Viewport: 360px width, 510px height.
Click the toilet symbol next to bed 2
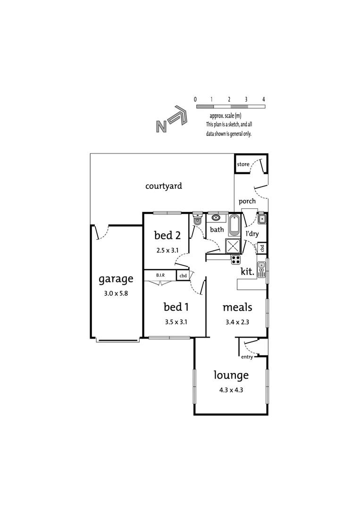point(197,220)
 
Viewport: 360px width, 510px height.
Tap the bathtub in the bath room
point(234,225)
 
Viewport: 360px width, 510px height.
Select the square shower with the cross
point(233,246)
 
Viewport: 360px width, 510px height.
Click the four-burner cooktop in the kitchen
point(235,259)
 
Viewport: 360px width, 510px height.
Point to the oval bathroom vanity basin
point(217,218)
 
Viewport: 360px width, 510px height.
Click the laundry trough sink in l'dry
point(262,219)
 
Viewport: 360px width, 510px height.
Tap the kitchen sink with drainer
point(262,270)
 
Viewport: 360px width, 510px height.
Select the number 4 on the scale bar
point(264,100)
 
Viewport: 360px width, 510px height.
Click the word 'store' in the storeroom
point(243,164)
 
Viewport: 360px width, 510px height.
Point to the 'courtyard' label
point(163,186)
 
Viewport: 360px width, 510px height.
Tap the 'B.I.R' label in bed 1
point(159,275)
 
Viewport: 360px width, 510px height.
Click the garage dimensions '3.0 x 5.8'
point(116,293)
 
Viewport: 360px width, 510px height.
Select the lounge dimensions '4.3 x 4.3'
point(231,390)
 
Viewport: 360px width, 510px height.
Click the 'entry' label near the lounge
point(247,357)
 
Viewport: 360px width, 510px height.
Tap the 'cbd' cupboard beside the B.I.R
point(183,275)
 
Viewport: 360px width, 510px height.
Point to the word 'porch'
point(247,201)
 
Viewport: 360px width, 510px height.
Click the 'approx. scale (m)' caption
point(226,116)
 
